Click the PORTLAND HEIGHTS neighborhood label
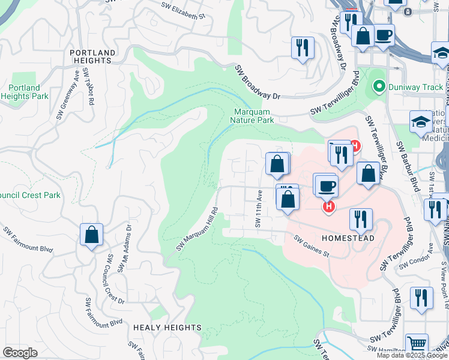92,53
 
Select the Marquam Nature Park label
252,115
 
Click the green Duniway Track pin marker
378,88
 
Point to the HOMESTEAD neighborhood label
348,238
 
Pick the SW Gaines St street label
312,247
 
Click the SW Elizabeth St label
187,11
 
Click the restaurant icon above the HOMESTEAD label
360,219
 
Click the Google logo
20,353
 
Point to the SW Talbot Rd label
89,87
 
